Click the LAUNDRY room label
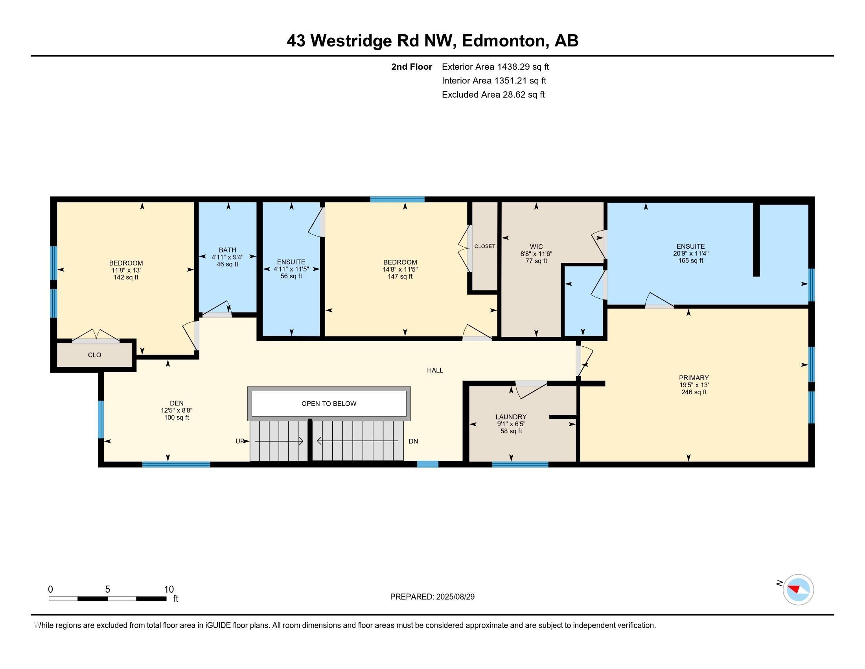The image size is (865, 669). pyautogui.click(x=511, y=416)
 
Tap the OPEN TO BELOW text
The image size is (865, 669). pyautogui.click(x=329, y=403)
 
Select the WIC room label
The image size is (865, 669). pyautogui.click(x=536, y=246)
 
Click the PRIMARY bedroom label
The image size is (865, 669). pyautogui.click(x=694, y=378)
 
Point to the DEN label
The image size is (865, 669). pyautogui.click(x=177, y=403)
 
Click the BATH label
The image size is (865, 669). pyautogui.click(x=227, y=250)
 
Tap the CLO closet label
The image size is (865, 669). pyautogui.click(x=94, y=355)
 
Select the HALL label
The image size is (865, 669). pyautogui.click(x=435, y=370)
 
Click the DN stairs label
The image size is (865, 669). pyautogui.click(x=413, y=441)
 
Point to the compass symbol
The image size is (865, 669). pyautogui.click(x=798, y=590)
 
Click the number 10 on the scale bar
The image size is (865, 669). pyautogui.click(x=169, y=590)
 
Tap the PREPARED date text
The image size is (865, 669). pyautogui.click(x=432, y=597)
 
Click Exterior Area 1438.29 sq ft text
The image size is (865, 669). pyautogui.click(x=495, y=67)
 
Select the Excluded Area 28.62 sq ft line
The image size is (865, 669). pyautogui.click(x=493, y=94)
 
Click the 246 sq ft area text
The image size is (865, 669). pyautogui.click(x=694, y=392)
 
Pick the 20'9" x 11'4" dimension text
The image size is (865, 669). pyautogui.click(x=690, y=253)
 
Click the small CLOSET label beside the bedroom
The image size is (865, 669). pyautogui.click(x=485, y=246)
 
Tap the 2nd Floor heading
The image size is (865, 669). pyautogui.click(x=412, y=67)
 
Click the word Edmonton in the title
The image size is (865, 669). pyautogui.click(x=503, y=41)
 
